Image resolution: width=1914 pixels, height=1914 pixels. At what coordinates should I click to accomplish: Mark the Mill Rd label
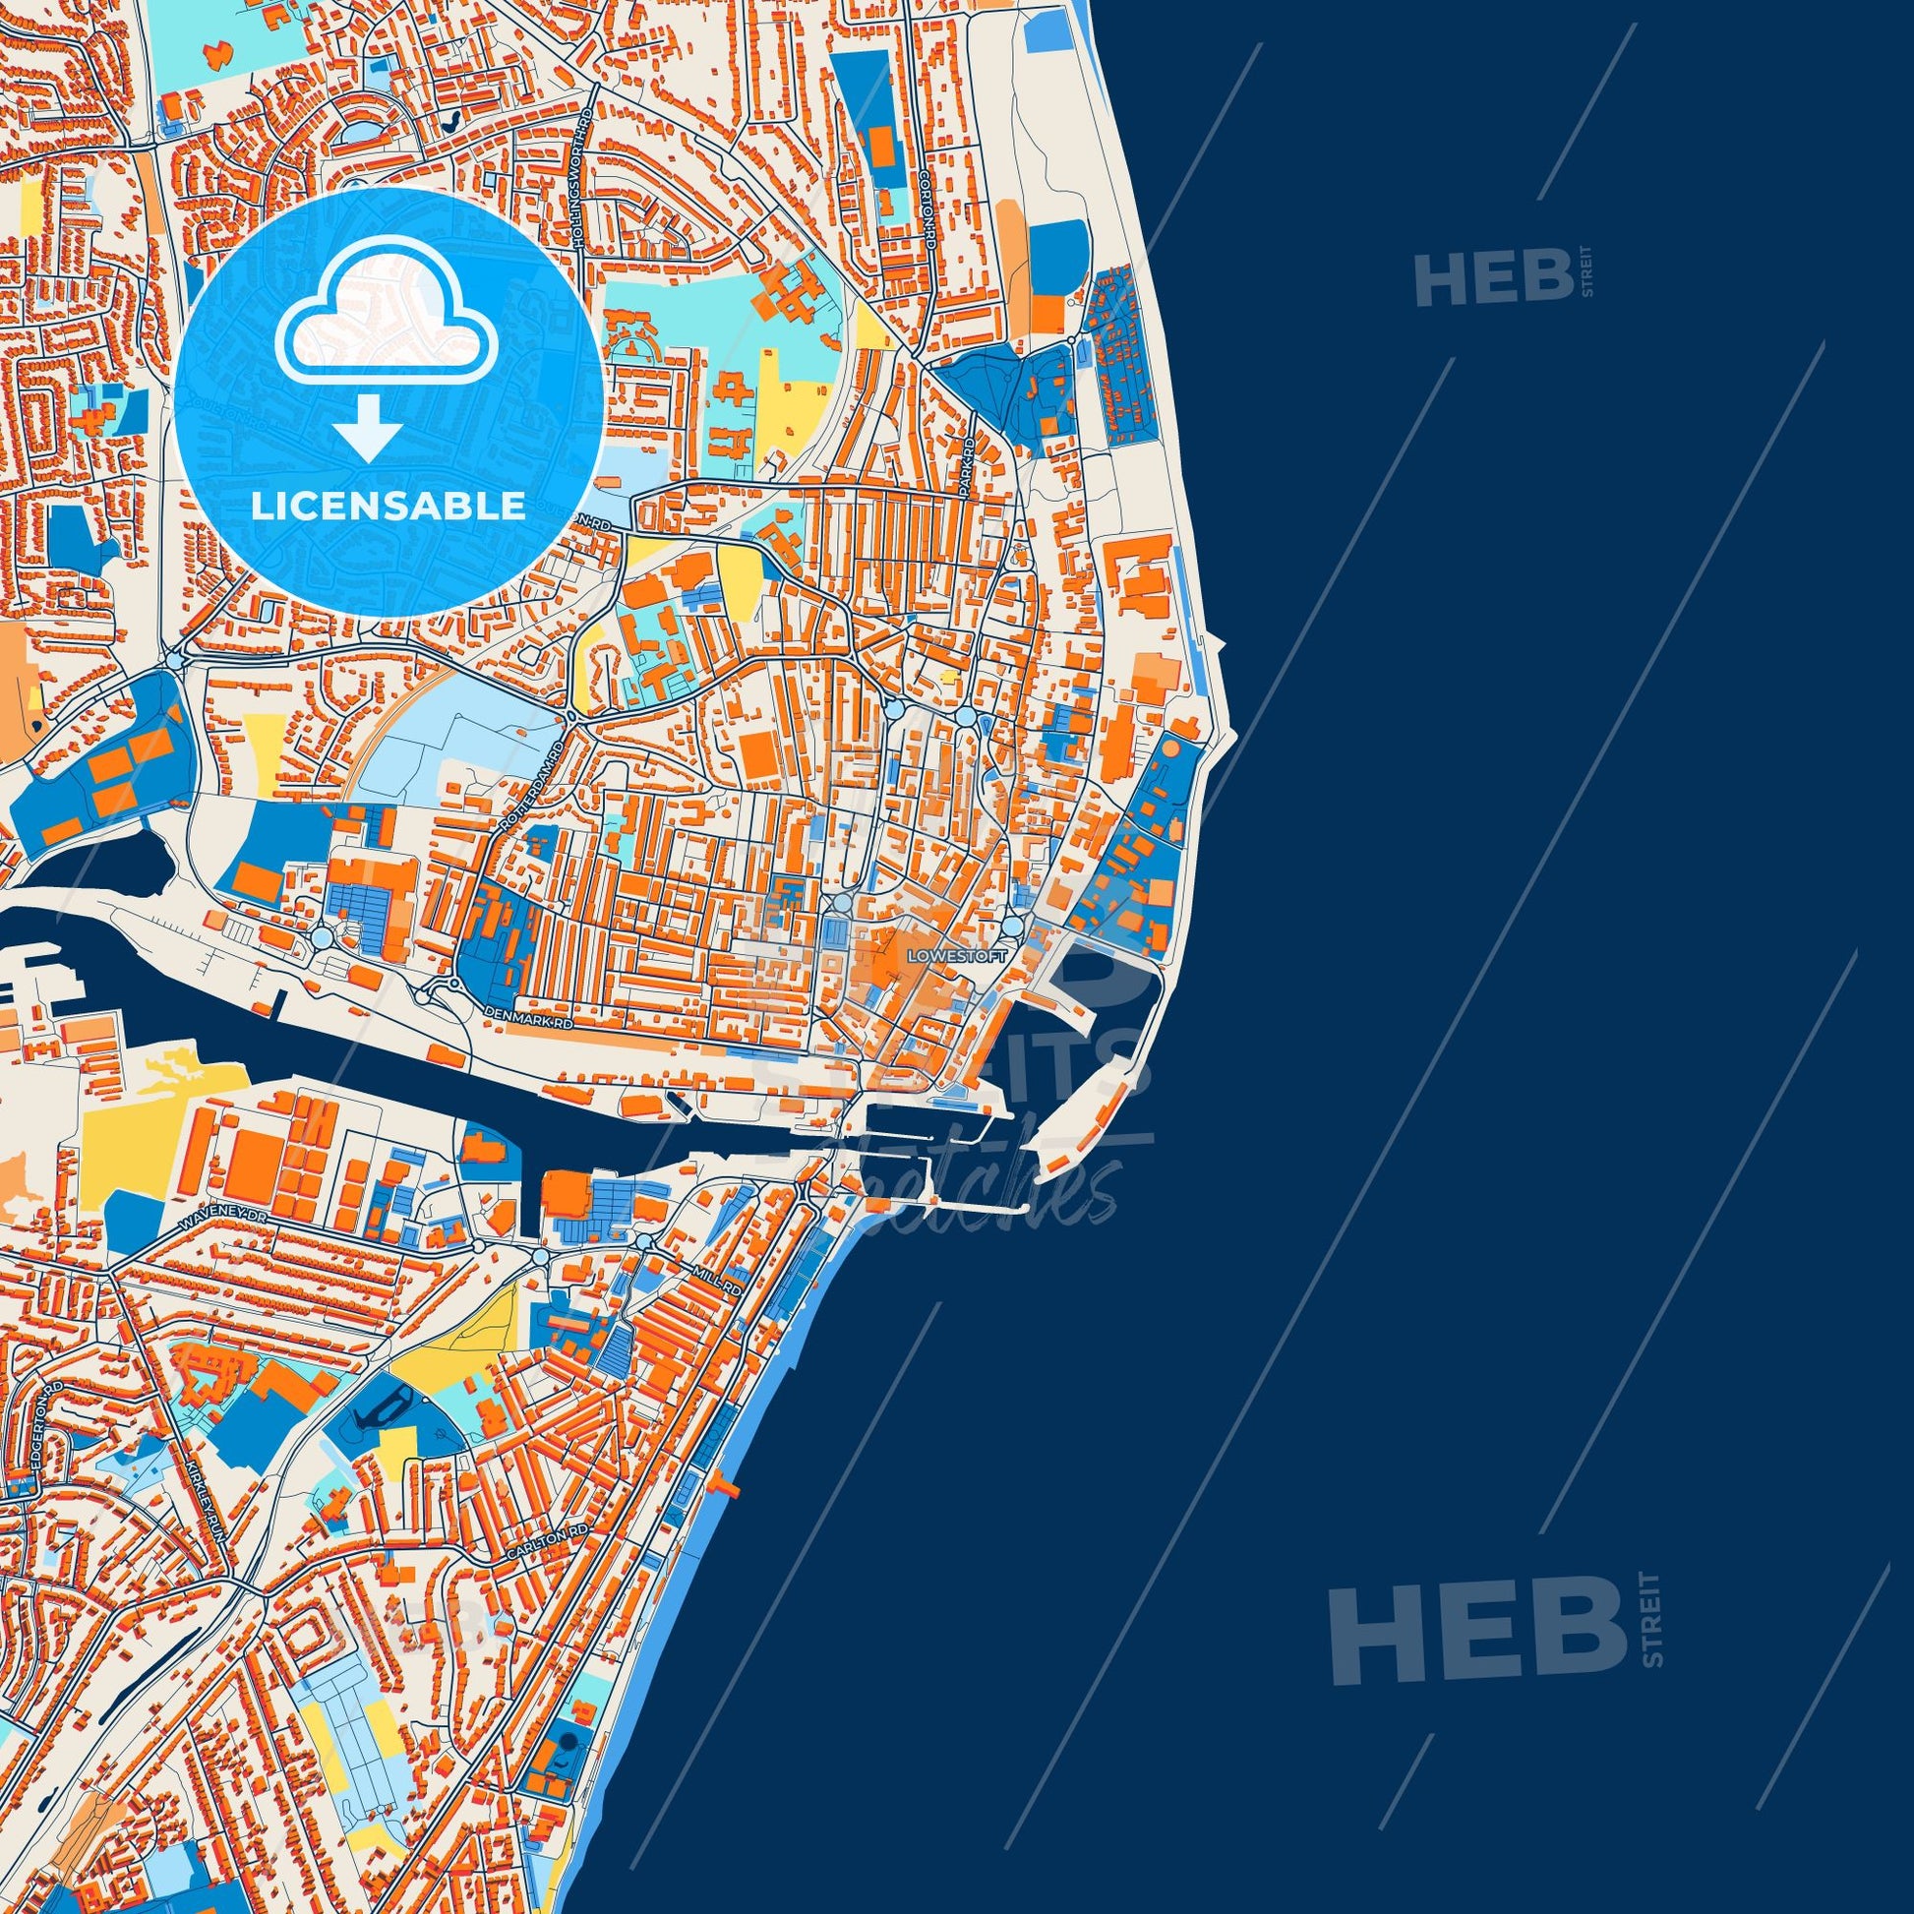725,1283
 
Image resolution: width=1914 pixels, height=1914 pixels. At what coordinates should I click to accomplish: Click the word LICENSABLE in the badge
388,507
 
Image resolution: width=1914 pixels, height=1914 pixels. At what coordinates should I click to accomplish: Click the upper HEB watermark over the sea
1493,276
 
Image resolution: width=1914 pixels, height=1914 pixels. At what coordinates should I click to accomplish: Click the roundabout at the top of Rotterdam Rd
572,716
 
